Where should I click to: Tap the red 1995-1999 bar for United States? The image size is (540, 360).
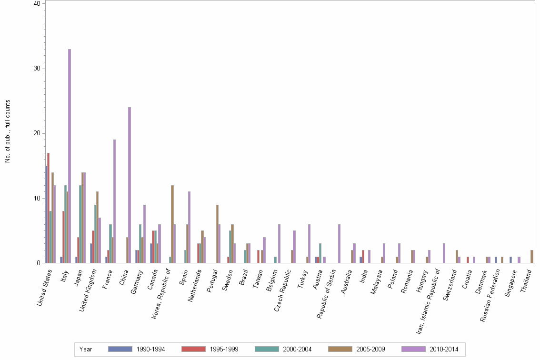click(x=49, y=208)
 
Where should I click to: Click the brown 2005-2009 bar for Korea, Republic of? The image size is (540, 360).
click(x=172, y=224)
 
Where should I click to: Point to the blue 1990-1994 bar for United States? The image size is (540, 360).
click(x=46, y=214)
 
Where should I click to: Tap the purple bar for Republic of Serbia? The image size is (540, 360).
click(x=339, y=243)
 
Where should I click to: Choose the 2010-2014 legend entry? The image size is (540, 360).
click(x=430, y=350)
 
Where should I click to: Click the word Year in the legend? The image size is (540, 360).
click(x=86, y=350)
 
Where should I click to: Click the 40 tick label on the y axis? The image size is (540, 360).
click(x=37, y=4)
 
